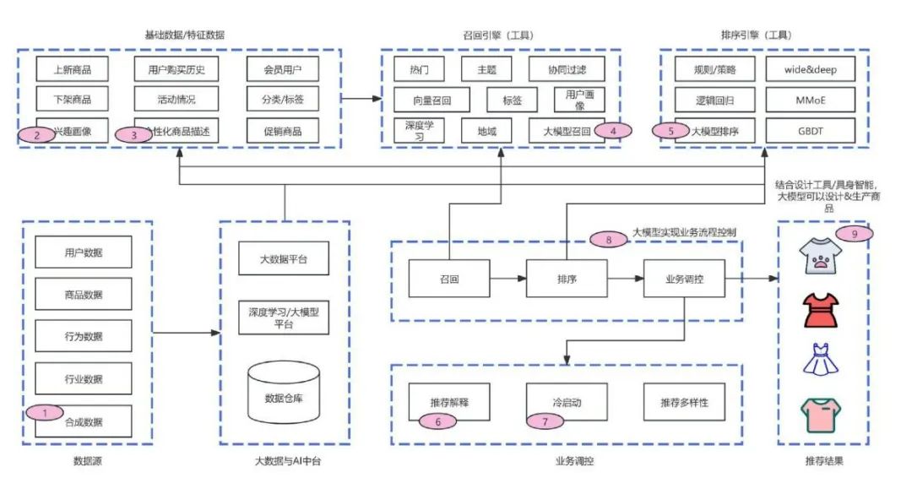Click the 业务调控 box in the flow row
684,278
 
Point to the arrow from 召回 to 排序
508,278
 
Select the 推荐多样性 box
684,403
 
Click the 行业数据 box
84,378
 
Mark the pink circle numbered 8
609,239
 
